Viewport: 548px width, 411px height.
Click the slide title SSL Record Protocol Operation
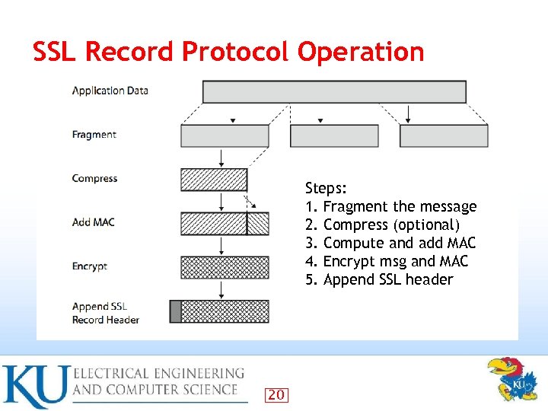pos(228,52)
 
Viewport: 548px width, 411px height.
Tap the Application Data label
pos(110,91)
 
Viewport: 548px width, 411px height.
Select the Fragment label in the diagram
pos(94,135)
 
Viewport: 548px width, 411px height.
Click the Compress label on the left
pos(94,178)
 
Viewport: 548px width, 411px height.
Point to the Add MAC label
pos(93,222)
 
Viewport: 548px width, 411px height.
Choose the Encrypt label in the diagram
pos(89,266)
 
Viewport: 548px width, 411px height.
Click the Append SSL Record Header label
pos(105,314)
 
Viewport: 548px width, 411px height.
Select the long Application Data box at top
pos(334,91)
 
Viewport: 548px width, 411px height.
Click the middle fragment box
pos(334,135)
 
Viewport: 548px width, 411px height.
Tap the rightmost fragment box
pos(444,135)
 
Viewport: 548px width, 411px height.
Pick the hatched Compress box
pos(213,180)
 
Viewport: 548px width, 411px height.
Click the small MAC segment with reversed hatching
pos(258,223)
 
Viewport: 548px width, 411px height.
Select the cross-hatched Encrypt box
pos(225,267)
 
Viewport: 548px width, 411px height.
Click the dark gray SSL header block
pos(175,311)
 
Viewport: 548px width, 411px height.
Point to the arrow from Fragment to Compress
pos(221,158)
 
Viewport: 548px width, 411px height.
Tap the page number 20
pos(276,394)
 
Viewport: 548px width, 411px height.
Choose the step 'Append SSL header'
pos(388,279)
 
